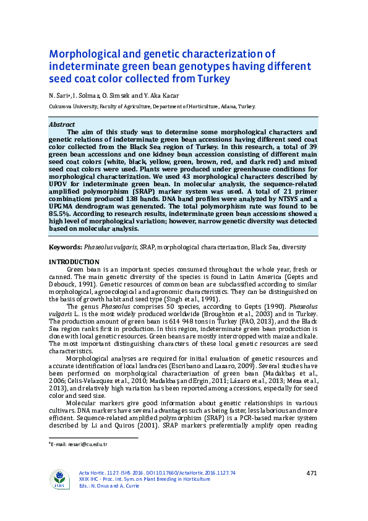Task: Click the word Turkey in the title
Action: (207, 79)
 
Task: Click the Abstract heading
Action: (61, 124)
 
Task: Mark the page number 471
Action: (311, 473)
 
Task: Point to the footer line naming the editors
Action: (114, 486)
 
